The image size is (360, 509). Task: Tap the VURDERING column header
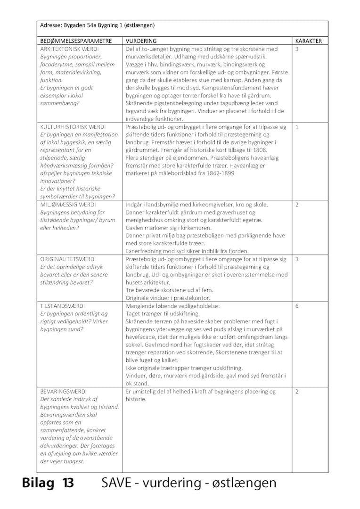[141, 41]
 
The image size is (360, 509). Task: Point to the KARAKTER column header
[309, 41]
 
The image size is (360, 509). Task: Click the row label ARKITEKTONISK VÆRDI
[69, 49]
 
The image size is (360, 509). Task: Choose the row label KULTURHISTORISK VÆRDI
[73, 127]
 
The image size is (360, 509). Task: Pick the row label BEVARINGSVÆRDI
[64, 392]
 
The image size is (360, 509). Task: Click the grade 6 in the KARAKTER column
[297, 306]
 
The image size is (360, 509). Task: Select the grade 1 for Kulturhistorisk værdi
[297, 127]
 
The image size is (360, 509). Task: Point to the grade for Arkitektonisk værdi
[297, 49]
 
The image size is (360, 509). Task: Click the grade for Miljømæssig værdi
[297, 205]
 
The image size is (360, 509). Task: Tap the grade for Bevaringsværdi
[297, 392]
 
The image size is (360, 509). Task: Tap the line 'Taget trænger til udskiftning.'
[163, 313]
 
